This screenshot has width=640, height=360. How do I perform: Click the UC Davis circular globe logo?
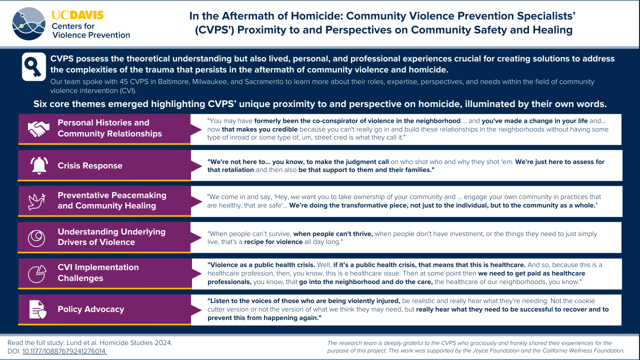coord(29,23)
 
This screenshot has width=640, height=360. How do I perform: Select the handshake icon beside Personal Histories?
coord(38,128)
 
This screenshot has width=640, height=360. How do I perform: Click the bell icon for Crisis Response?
coord(38,165)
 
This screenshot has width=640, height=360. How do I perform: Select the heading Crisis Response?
coord(90,166)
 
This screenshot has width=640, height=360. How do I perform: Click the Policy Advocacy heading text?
coord(91,309)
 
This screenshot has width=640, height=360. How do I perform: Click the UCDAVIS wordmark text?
coord(77,15)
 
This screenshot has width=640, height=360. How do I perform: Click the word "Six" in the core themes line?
coord(41,104)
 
